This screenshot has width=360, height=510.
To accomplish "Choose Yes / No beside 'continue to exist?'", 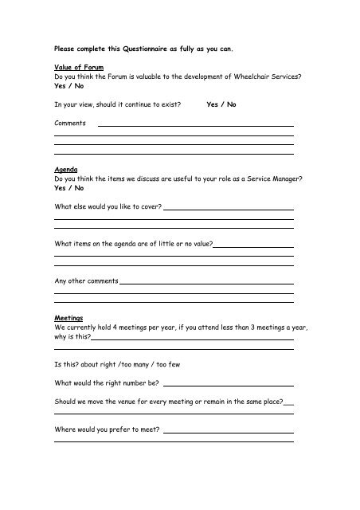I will [x=221, y=105].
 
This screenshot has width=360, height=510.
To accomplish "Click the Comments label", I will [x=70, y=124].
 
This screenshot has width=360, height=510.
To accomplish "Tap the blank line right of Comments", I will [x=195, y=125].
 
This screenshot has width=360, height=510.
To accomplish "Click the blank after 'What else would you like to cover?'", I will [x=228, y=210].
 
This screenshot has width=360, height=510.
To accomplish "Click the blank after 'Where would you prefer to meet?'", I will [x=228, y=433].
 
